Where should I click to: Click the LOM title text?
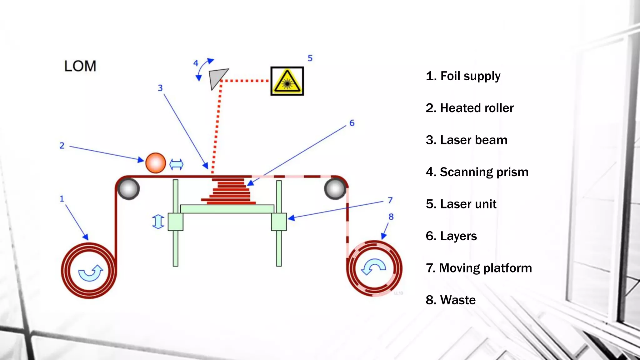(x=80, y=66)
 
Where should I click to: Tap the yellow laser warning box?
(x=287, y=81)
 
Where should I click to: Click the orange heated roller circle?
(x=156, y=163)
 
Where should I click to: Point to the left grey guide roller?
(x=128, y=188)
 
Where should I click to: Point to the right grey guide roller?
(x=335, y=188)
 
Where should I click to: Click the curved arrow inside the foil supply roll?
(x=90, y=272)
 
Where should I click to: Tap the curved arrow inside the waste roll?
(x=373, y=267)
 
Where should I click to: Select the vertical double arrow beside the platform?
(x=158, y=222)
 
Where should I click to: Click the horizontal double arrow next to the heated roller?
(x=176, y=164)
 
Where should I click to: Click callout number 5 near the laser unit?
(x=310, y=58)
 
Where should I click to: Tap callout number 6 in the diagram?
(x=352, y=123)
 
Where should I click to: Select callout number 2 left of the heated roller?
(x=62, y=146)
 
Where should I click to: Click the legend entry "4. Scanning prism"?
(x=477, y=172)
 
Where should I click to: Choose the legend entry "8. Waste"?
(x=450, y=300)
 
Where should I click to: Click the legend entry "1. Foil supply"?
(x=463, y=76)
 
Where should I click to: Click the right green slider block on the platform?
(x=279, y=222)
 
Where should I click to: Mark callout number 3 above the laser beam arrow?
(x=160, y=88)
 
